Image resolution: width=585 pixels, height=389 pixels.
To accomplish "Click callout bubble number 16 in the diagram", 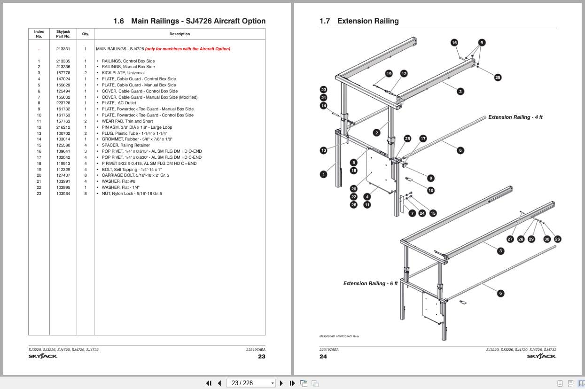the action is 454,43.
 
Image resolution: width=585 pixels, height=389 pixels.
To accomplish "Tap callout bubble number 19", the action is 389,74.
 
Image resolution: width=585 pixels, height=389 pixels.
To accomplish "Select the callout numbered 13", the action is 324,150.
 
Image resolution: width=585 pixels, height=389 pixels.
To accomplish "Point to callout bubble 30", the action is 547,239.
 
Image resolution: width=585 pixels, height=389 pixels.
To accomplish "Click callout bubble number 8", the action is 431,179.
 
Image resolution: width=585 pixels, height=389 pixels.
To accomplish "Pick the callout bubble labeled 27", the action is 510,239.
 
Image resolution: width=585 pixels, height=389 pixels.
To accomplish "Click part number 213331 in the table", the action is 63,49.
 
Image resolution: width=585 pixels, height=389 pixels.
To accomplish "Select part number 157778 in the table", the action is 63,73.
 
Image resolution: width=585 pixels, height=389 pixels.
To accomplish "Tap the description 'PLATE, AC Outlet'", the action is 119,103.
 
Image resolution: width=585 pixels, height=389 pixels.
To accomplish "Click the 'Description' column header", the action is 179,34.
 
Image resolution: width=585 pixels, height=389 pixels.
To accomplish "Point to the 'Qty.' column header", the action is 86,34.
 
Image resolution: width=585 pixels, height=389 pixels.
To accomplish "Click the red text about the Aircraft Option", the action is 187,49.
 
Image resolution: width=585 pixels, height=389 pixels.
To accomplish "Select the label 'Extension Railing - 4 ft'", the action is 515,117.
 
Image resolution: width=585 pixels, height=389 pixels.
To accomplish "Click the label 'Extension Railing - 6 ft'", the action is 370,283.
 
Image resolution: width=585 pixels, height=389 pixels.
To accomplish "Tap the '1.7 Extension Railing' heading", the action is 359,21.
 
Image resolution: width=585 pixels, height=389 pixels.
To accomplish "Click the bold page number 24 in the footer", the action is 323,357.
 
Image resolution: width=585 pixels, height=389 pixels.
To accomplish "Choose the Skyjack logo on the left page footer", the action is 43,356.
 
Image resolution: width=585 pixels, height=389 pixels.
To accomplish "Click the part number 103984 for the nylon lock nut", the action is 63,194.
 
